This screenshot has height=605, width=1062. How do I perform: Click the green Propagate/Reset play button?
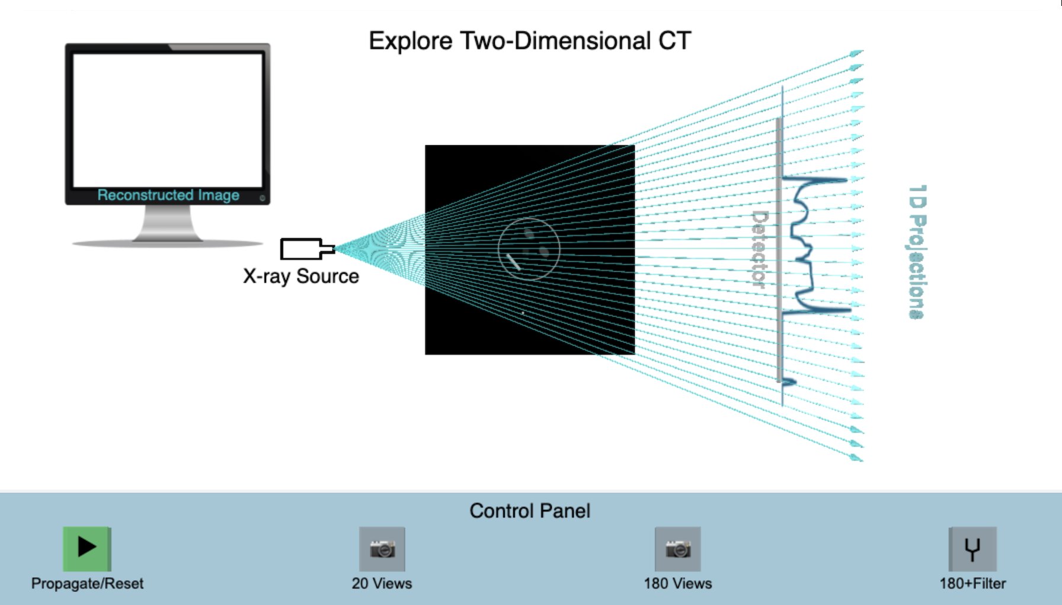[87, 548]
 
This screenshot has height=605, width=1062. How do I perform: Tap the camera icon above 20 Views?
[382, 549]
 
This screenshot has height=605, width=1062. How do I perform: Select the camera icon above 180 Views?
[677, 549]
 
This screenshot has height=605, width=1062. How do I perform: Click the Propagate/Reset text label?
[87, 584]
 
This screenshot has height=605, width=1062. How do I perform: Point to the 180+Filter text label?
[973, 584]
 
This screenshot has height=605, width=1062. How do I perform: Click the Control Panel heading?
[530, 511]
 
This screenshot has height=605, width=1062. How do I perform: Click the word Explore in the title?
[410, 41]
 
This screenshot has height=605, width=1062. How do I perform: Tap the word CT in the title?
[674, 41]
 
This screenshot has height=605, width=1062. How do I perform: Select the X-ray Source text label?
[301, 276]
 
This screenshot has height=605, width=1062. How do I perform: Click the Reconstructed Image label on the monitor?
[168, 195]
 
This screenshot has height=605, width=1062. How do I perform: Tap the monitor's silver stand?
[168, 225]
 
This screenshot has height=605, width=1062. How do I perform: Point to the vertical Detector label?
[760, 249]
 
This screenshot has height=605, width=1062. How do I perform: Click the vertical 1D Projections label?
[917, 252]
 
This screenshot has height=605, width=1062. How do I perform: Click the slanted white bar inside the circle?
[514, 262]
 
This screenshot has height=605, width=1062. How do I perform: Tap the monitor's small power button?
[263, 198]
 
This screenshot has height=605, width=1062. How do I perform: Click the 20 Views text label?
[382, 584]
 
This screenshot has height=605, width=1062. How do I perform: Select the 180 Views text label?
[678, 584]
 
